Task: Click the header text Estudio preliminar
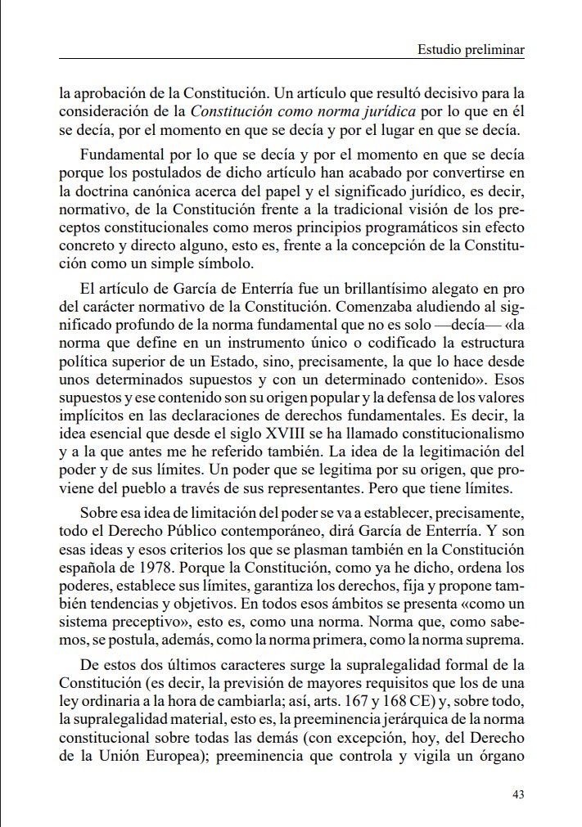[471, 51]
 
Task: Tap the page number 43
[517, 793]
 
